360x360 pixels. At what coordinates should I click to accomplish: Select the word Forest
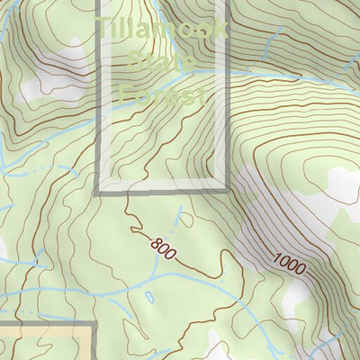(x=162, y=93)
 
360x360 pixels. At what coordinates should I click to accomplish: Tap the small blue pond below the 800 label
(x=148, y=296)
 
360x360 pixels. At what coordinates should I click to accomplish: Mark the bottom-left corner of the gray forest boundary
(x=97, y=191)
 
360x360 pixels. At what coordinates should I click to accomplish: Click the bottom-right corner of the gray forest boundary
(x=227, y=191)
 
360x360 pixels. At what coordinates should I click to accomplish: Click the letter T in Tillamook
(x=105, y=30)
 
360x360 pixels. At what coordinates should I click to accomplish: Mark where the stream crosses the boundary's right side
(x=227, y=76)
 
